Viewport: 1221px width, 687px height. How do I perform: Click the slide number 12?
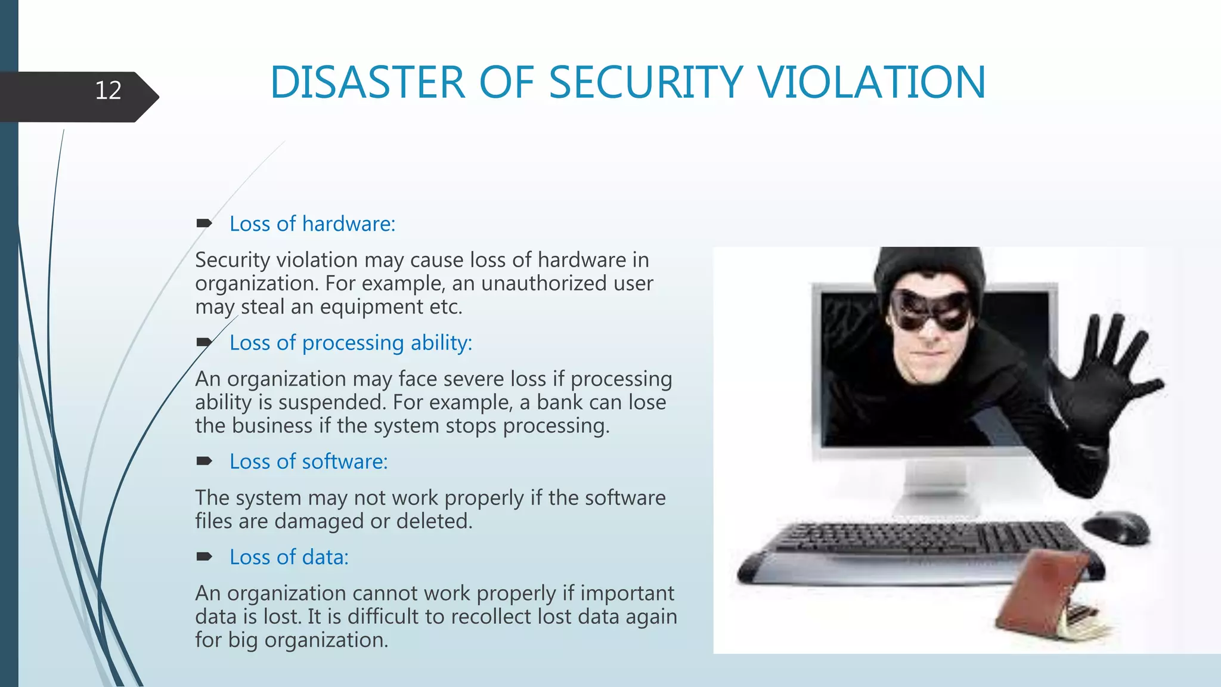[108, 91]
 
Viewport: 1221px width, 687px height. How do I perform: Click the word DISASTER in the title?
[367, 82]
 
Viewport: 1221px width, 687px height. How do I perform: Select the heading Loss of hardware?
[312, 224]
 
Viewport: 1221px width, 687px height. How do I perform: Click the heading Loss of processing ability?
[351, 343]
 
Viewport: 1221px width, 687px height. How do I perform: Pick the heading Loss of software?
[308, 462]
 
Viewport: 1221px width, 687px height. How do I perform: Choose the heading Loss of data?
[289, 558]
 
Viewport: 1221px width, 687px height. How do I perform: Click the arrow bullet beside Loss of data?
[204, 557]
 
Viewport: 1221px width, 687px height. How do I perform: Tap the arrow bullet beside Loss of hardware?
[204, 224]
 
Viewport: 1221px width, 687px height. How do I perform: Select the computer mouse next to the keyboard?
[1116, 526]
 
